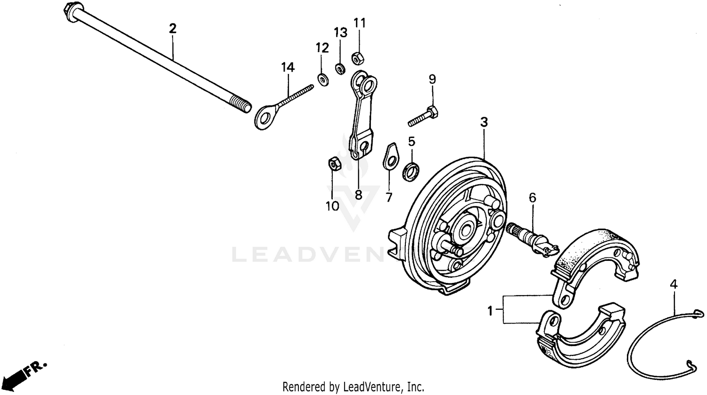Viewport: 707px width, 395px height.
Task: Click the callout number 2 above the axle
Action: click(173, 28)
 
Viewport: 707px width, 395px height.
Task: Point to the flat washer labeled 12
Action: click(322, 79)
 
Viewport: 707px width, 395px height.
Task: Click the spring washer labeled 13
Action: click(339, 69)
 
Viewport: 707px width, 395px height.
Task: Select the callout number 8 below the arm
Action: click(358, 194)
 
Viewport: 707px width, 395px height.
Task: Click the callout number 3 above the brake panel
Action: click(484, 122)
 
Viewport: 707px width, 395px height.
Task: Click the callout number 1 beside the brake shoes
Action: click(491, 310)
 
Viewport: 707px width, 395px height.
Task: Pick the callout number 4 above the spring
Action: click(674, 284)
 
